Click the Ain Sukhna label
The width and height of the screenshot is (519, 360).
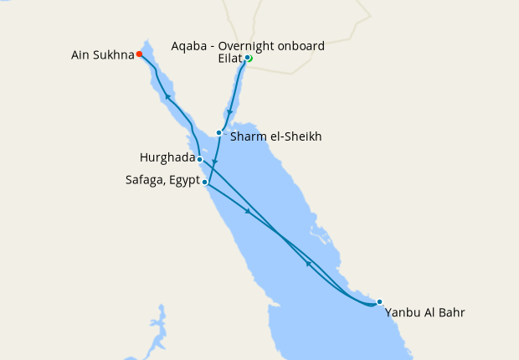click(102, 56)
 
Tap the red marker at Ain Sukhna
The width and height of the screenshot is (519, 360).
click(139, 54)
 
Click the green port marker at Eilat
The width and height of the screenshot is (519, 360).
click(249, 58)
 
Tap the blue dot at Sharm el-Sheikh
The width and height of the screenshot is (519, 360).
click(218, 132)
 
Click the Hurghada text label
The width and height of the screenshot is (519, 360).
click(167, 157)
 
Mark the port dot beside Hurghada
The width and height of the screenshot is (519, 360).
click(200, 158)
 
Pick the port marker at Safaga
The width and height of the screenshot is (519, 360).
click(205, 181)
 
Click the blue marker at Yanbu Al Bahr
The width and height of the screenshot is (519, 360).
click(379, 301)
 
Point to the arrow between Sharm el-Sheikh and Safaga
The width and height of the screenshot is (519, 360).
click(214, 163)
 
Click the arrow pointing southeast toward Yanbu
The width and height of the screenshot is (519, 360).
click(248, 211)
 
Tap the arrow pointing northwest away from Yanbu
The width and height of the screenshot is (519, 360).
click(308, 264)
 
